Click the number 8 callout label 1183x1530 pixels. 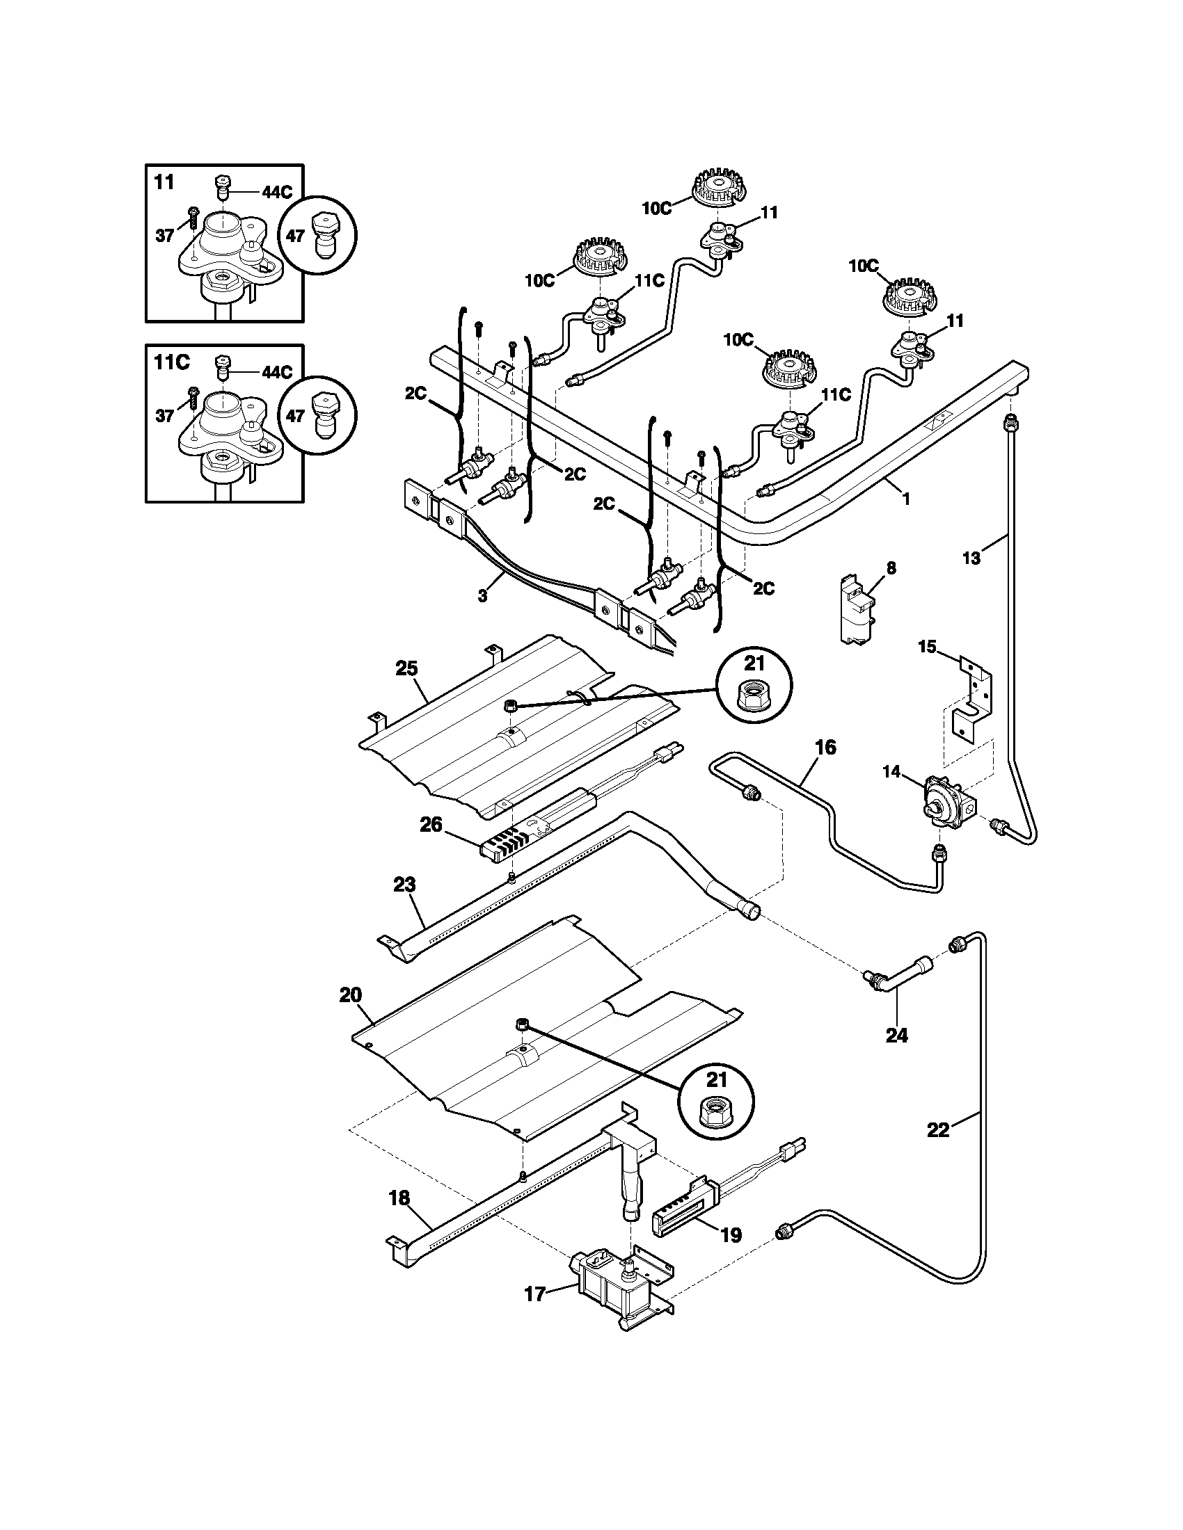891,567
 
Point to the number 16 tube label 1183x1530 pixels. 825,748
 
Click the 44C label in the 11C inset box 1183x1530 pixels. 276,372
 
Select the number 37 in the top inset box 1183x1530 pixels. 165,236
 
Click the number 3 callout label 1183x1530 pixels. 482,595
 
